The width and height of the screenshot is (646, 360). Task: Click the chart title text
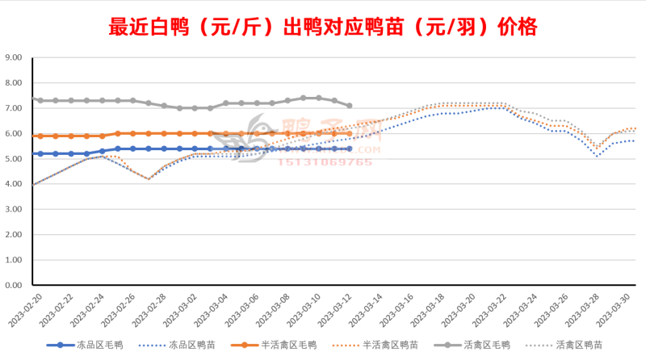[x=323, y=28]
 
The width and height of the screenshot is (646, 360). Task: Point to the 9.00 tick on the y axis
[x=15, y=57]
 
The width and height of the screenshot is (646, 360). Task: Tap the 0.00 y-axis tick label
[x=15, y=285]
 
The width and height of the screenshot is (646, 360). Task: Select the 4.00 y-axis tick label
[x=15, y=184]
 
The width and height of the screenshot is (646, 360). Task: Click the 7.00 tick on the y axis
[x=15, y=108]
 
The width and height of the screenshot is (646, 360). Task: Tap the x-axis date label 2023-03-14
[x=359, y=310]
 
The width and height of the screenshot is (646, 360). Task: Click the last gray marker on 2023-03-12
[x=349, y=106]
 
